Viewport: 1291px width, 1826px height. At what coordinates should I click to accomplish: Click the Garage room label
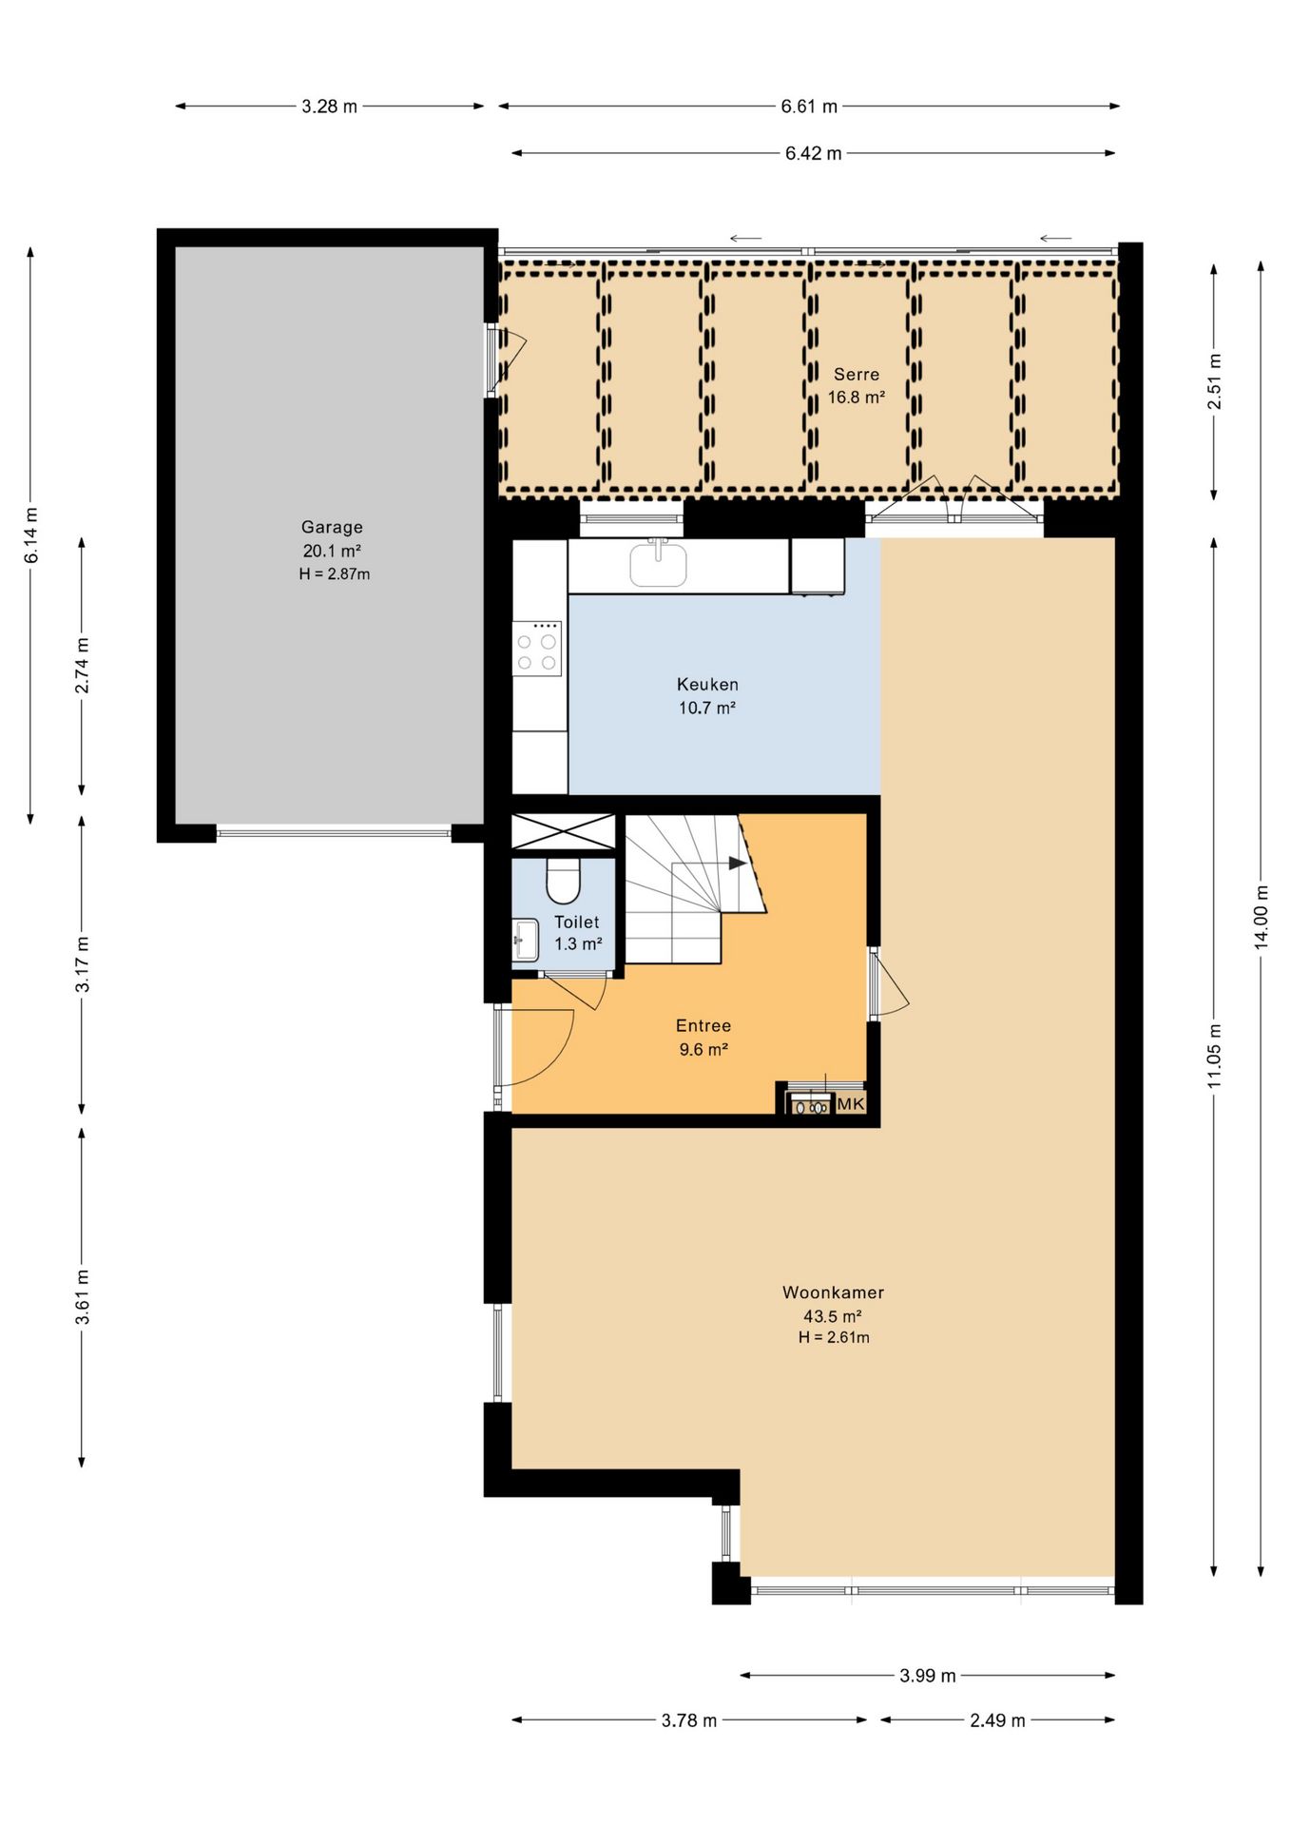point(332,527)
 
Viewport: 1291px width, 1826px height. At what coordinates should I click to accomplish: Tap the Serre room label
point(857,375)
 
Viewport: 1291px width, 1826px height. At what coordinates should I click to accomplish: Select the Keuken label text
point(707,684)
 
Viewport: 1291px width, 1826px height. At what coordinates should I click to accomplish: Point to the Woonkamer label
point(833,1292)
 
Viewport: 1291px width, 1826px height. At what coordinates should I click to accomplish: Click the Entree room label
point(703,1025)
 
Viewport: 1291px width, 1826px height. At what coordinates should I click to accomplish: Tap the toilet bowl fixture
point(564,881)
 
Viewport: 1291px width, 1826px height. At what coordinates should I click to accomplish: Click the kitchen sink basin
point(658,563)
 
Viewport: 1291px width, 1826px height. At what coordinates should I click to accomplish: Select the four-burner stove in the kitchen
point(537,649)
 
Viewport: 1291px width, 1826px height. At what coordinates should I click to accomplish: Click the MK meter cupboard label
point(851,1103)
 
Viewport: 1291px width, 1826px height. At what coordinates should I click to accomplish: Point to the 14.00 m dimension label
point(1261,917)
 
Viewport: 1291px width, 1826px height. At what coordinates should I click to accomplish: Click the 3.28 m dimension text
point(330,107)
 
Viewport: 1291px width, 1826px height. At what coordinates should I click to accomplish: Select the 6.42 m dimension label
point(813,153)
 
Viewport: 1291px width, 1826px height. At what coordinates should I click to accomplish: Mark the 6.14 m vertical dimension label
point(31,535)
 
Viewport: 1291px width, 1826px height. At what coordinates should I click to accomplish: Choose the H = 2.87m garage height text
point(334,574)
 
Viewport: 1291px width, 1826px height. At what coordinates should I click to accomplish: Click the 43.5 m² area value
point(833,1316)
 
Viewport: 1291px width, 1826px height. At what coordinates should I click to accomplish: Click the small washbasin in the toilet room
point(525,940)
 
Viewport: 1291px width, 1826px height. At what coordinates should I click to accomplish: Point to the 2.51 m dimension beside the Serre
point(1214,380)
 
